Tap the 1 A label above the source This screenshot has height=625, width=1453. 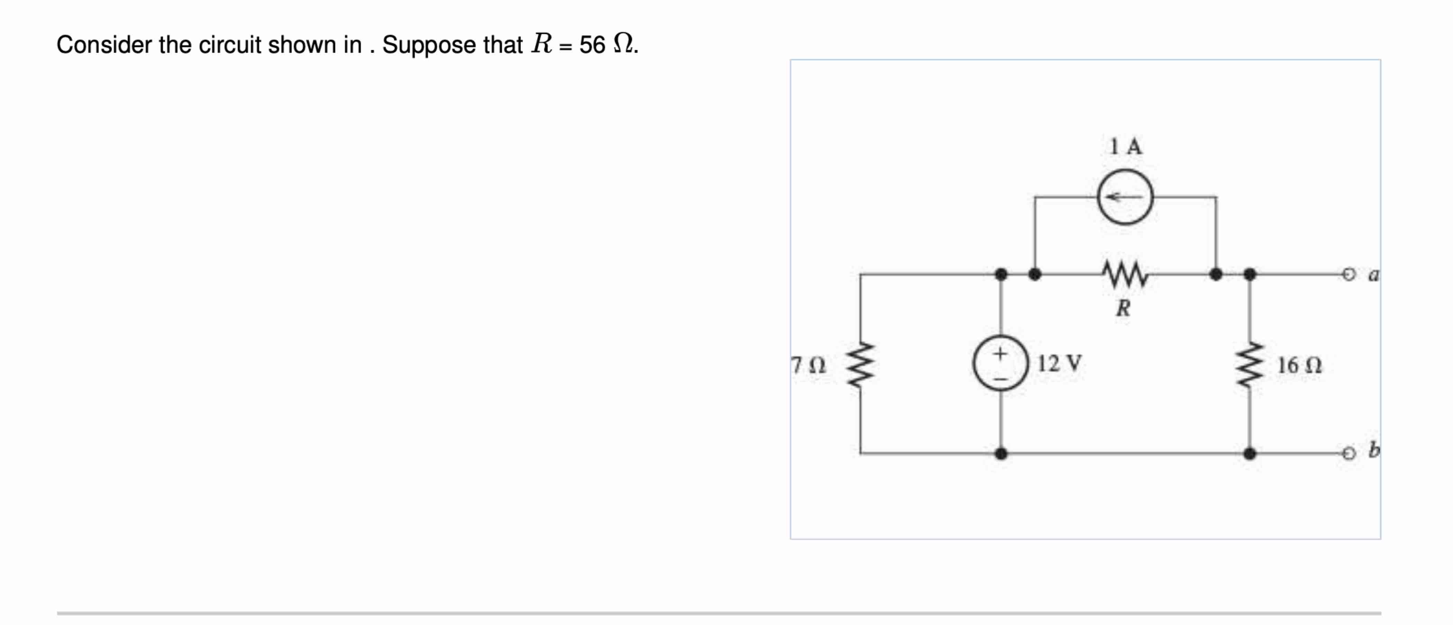pyautogui.click(x=1125, y=147)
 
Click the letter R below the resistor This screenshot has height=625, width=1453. pyautogui.click(x=1123, y=308)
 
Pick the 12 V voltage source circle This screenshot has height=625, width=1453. pyautogui.click(x=1000, y=364)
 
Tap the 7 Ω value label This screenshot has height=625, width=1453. pyautogui.click(x=808, y=365)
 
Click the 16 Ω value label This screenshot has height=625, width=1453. pyautogui.click(x=1299, y=365)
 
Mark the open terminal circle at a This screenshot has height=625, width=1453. pyautogui.click(x=1348, y=275)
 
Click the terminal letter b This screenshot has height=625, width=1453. pyautogui.click(x=1374, y=450)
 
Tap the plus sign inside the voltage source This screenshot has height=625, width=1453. pyautogui.click(x=1000, y=354)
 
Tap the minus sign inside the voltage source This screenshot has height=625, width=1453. pyautogui.click(x=1000, y=379)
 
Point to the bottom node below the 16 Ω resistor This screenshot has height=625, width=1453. pyautogui.click(x=1250, y=453)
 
